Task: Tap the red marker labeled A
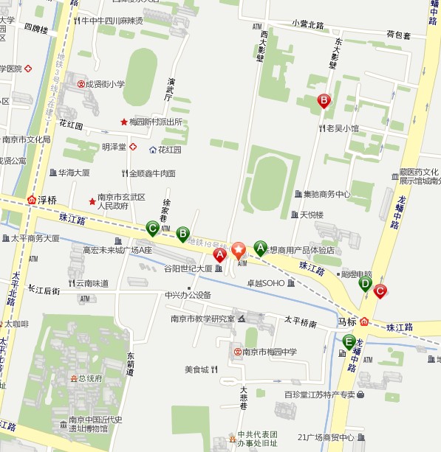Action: coord(219,255)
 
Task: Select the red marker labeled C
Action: coord(380,291)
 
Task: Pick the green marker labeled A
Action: coord(260,248)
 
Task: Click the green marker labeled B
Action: coord(182,234)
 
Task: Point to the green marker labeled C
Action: coord(152,228)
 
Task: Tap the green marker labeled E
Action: coord(349,341)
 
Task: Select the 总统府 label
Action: coord(90,378)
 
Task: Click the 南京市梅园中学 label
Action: coord(270,352)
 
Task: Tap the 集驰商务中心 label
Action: coord(326,194)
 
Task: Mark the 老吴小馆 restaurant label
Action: coord(343,128)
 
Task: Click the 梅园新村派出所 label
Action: coord(155,122)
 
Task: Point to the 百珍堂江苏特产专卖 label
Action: coord(320,394)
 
